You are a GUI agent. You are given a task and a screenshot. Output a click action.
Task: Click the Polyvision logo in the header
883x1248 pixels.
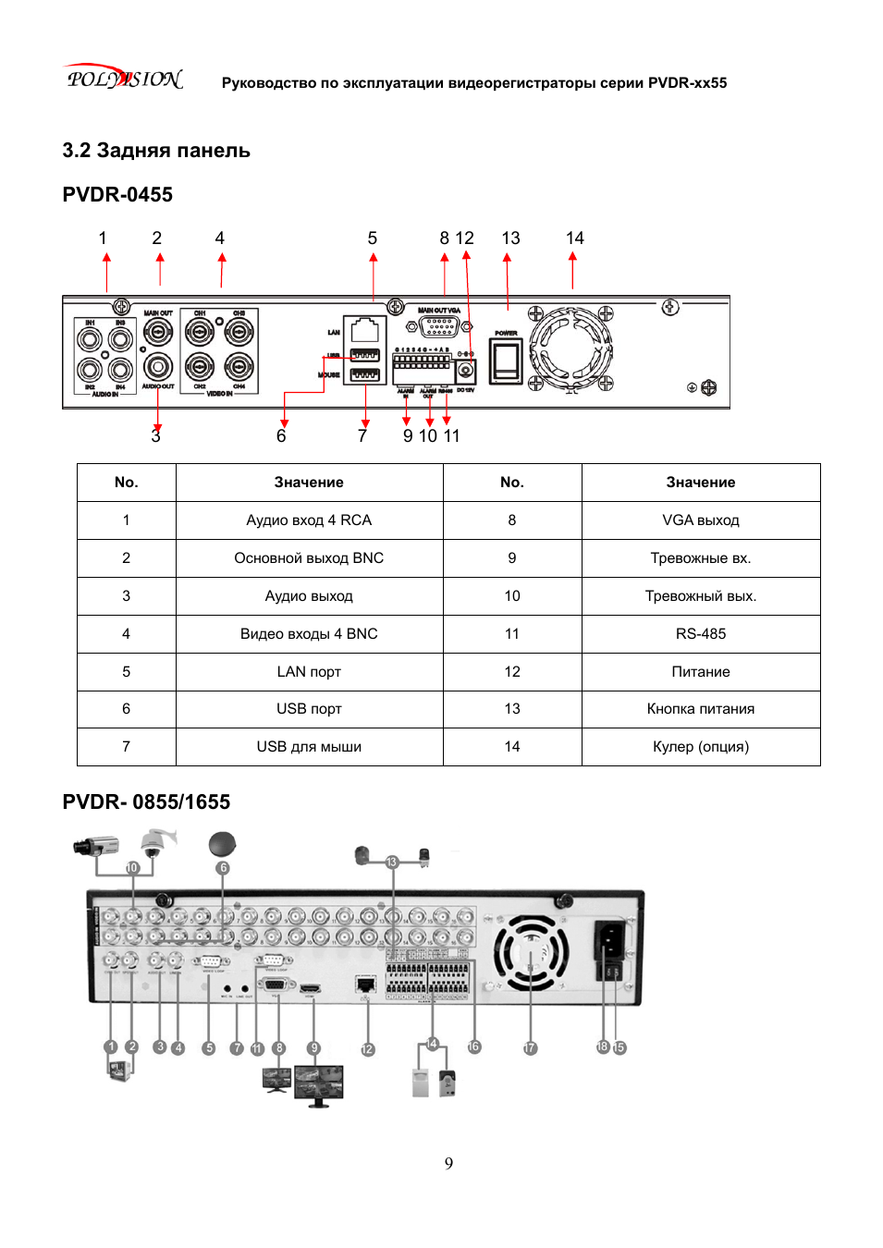[124, 79]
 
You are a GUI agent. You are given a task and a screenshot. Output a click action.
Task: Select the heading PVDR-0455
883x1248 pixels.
[117, 195]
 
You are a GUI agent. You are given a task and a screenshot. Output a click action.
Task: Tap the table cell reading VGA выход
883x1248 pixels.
[700, 520]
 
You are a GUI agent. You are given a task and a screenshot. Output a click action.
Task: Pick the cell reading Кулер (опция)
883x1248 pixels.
[700, 747]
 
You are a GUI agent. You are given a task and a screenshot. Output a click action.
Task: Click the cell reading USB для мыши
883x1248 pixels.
[309, 747]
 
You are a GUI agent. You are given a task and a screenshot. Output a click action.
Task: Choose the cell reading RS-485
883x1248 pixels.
[700, 634]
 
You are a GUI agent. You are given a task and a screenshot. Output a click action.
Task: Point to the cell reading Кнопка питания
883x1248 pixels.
[700, 709]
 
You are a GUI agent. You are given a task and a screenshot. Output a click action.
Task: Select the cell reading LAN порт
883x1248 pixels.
[309, 672]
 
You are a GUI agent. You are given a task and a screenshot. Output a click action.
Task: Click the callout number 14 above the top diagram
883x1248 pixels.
[574, 239]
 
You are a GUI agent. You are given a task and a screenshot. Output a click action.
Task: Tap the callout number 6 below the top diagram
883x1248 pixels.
[281, 436]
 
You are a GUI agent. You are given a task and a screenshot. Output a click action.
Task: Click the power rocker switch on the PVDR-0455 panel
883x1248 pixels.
[506, 361]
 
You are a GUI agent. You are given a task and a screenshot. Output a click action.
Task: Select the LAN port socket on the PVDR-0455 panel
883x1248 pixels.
[365, 330]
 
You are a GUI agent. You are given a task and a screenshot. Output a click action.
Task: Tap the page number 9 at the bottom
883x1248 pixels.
[448, 1163]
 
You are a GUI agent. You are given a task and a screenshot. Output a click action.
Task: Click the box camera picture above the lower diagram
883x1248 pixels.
[96, 845]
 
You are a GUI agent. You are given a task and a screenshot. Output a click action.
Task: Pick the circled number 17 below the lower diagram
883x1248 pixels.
[530, 1048]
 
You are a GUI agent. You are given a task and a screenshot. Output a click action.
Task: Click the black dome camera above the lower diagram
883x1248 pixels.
[222, 843]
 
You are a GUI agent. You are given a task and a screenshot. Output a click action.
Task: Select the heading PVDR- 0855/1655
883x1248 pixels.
[146, 802]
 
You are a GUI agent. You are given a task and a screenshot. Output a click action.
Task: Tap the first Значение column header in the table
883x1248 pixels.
[309, 483]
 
